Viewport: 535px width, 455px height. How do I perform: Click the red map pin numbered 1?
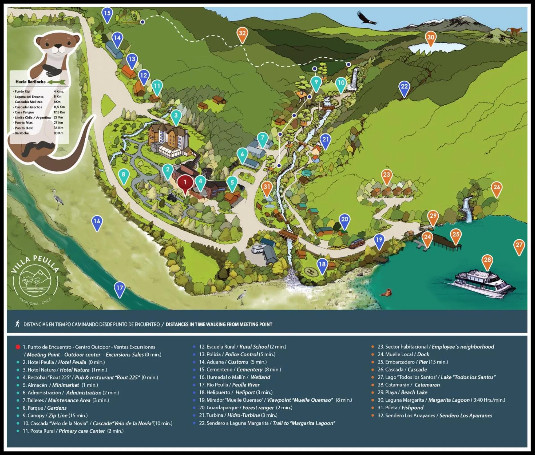(x=185, y=183)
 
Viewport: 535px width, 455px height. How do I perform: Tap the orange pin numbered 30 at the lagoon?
(x=431, y=38)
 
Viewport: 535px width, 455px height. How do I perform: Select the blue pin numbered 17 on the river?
(x=120, y=288)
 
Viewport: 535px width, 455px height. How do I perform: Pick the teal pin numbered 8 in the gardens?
(x=123, y=175)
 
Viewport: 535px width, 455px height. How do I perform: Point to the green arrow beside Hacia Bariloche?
(x=57, y=82)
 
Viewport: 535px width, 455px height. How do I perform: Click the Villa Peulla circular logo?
(x=35, y=280)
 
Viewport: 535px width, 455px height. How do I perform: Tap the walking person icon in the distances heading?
(x=18, y=324)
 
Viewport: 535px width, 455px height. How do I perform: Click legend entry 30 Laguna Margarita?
(x=441, y=400)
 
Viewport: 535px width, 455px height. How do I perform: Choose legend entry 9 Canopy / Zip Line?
(x=55, y=415)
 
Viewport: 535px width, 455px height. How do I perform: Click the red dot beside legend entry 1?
(x=18, y=347)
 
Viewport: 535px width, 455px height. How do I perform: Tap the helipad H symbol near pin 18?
(x=311, y=271)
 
